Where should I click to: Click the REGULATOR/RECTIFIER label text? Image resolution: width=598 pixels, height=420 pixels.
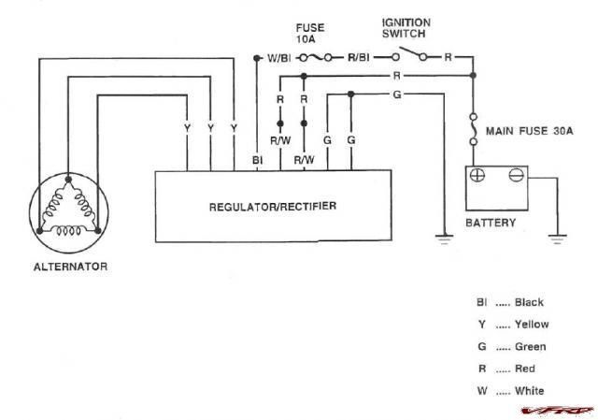pos(273,207)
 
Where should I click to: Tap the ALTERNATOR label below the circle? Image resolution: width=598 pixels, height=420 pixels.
pos(71,267)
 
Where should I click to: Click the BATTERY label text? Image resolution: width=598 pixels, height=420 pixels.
pos(491,223)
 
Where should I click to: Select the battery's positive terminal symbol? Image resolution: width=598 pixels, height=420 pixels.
pos(477,175)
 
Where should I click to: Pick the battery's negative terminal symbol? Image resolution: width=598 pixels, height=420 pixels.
pos(516,175)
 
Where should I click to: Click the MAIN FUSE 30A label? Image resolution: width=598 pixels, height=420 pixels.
pos(530,131)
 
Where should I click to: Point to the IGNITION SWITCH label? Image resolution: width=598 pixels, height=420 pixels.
pos(406,28)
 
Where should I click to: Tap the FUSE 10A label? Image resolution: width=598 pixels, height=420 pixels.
pos(310,34)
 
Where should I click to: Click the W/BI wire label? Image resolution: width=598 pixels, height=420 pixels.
pos(278,58)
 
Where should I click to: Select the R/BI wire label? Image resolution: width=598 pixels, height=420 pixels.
pos(359,58)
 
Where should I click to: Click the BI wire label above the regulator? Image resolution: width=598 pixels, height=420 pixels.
pos(258,160)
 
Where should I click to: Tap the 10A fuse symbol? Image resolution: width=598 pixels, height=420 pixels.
pos(316,58)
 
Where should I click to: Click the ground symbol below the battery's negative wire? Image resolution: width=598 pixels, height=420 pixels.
pos(557,239)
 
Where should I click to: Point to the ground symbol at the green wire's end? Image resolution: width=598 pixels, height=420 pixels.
pos(445,239)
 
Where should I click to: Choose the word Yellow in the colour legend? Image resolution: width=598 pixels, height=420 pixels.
pos(532,325)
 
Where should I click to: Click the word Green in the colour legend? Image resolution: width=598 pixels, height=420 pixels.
pos(531,347)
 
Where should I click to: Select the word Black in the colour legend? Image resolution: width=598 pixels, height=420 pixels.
pos(529,302)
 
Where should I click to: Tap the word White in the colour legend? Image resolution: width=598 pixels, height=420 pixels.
pos(530,391)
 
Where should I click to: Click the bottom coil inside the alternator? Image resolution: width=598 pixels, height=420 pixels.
pos(68,231)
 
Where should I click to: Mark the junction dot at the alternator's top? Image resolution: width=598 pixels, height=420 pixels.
pos(68,180)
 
